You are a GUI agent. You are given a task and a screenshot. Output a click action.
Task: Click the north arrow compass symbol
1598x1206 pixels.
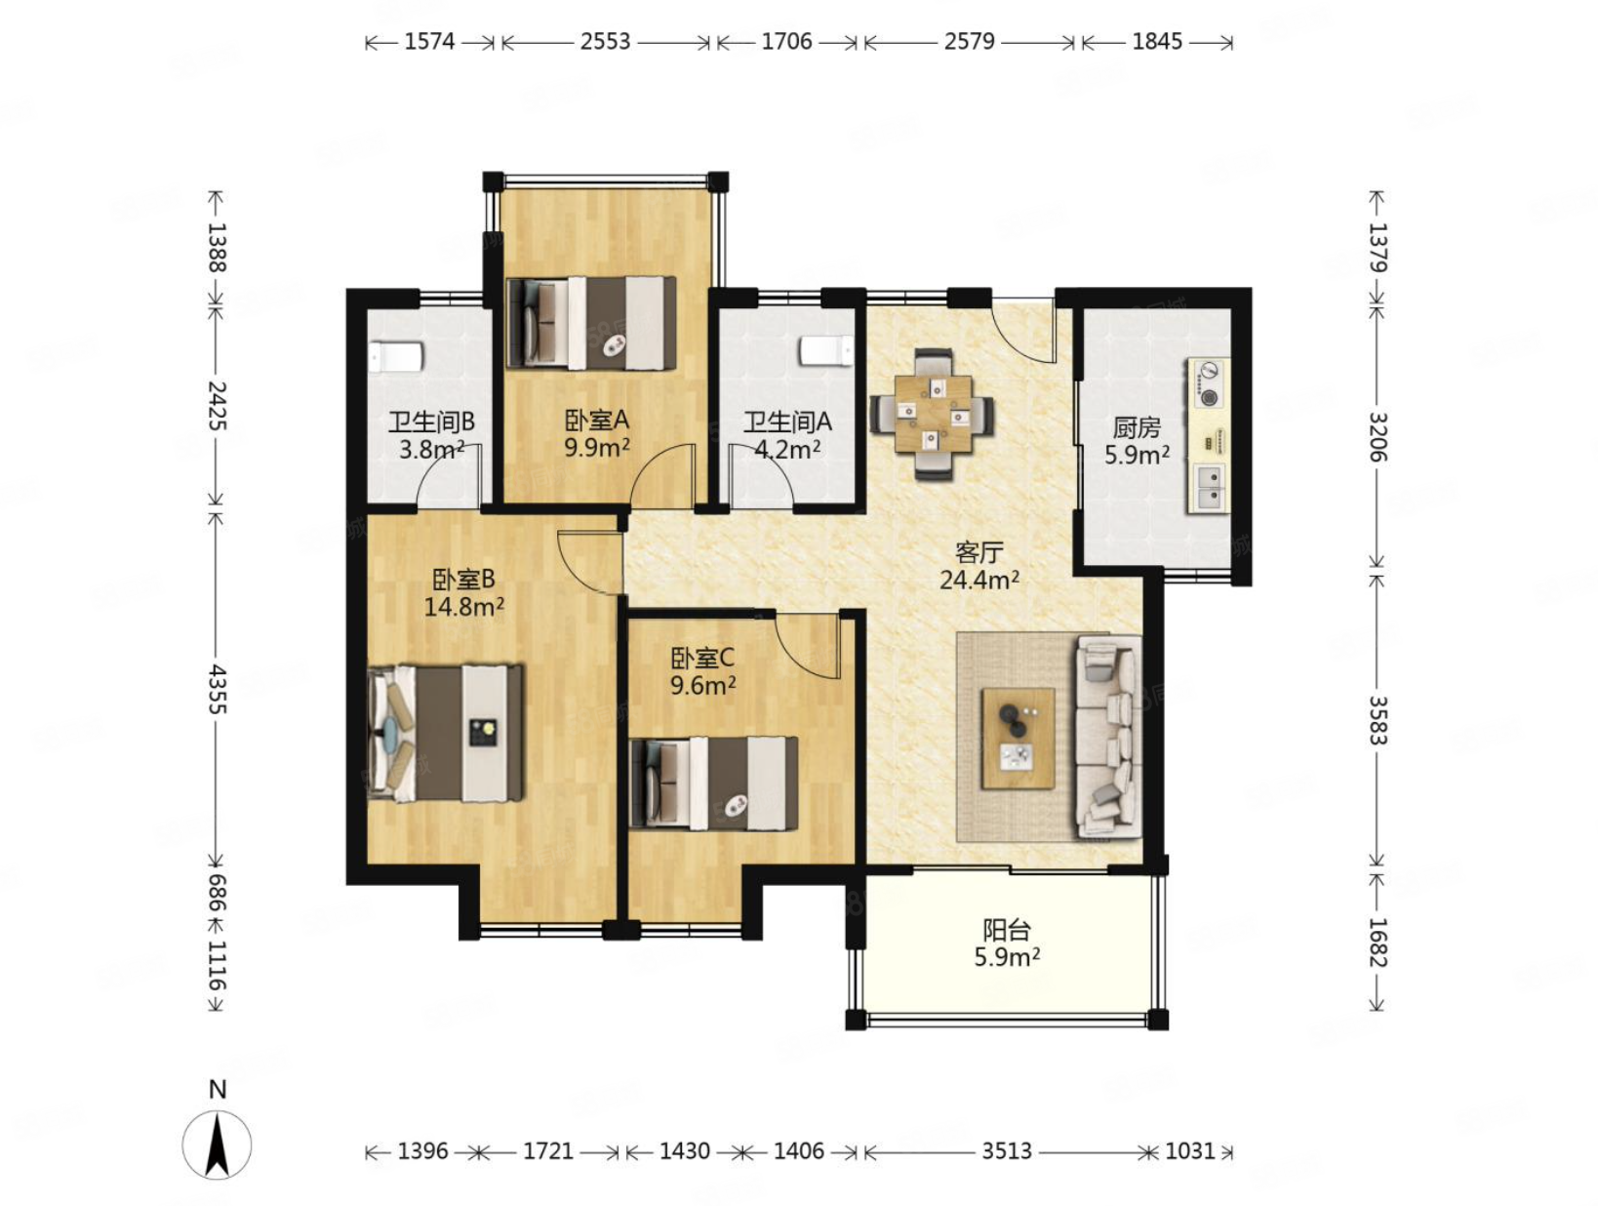point(216,1145)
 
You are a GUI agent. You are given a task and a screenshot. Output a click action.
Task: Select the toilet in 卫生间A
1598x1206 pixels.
point(826,350)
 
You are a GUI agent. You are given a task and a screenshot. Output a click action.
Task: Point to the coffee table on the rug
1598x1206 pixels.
point(1017,738)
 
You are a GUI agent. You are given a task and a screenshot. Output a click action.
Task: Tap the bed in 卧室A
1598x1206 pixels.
point(590,322)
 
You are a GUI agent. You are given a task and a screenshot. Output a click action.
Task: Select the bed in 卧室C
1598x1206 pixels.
point(713,783)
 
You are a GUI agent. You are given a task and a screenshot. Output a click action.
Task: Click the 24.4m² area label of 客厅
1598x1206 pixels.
point(979,581)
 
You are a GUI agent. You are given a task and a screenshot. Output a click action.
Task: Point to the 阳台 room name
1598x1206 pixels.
point(1007,930)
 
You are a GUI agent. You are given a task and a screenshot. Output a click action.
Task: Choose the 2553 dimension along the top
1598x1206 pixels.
point(605,42)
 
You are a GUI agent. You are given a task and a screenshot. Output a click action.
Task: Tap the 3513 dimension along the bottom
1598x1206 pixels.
point(1006,1150)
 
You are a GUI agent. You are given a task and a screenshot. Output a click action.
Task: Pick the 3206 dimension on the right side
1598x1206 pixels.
point(1378,437)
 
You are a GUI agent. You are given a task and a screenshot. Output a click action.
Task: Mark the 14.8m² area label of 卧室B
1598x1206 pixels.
point(463,606)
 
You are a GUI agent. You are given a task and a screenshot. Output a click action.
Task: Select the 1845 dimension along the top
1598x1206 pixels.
point(1157,42)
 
